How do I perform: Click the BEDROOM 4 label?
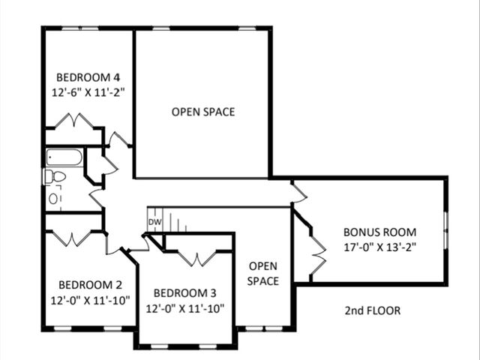pyautogui.click(x=88, y=77)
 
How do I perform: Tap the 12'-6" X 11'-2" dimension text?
pyautogui.click(x=88, y=92)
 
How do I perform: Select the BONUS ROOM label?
pyautogui.click(x=379, y=232)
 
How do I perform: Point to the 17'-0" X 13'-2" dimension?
pyautogui.click(x=379, y=246)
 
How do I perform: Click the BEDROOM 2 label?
pyautogui.click(x=90, y=285)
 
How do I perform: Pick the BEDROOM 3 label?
pyautogui.click(x=184, y=293)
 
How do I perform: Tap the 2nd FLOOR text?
pyautogui.click(x=372, y=310)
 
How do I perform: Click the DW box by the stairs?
pyautogui.click(x=154, y=222)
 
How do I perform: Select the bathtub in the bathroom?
pyautogui.click(x=64, y=157)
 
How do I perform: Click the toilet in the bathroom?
pyautogui.click(x=54, y=176)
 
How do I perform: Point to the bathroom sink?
pyautogui.click(x=54, y=199)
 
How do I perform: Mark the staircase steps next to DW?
pyautogui.click(x=173, y=223)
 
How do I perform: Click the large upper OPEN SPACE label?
pyautogui.click(x=202, y=112)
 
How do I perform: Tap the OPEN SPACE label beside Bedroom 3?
pyautogui.click(x=263, y=274)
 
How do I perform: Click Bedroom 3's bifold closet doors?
pyautogui.click(x=196, y=259)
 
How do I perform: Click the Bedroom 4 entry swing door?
pyautogui.click(x=118, y=139)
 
